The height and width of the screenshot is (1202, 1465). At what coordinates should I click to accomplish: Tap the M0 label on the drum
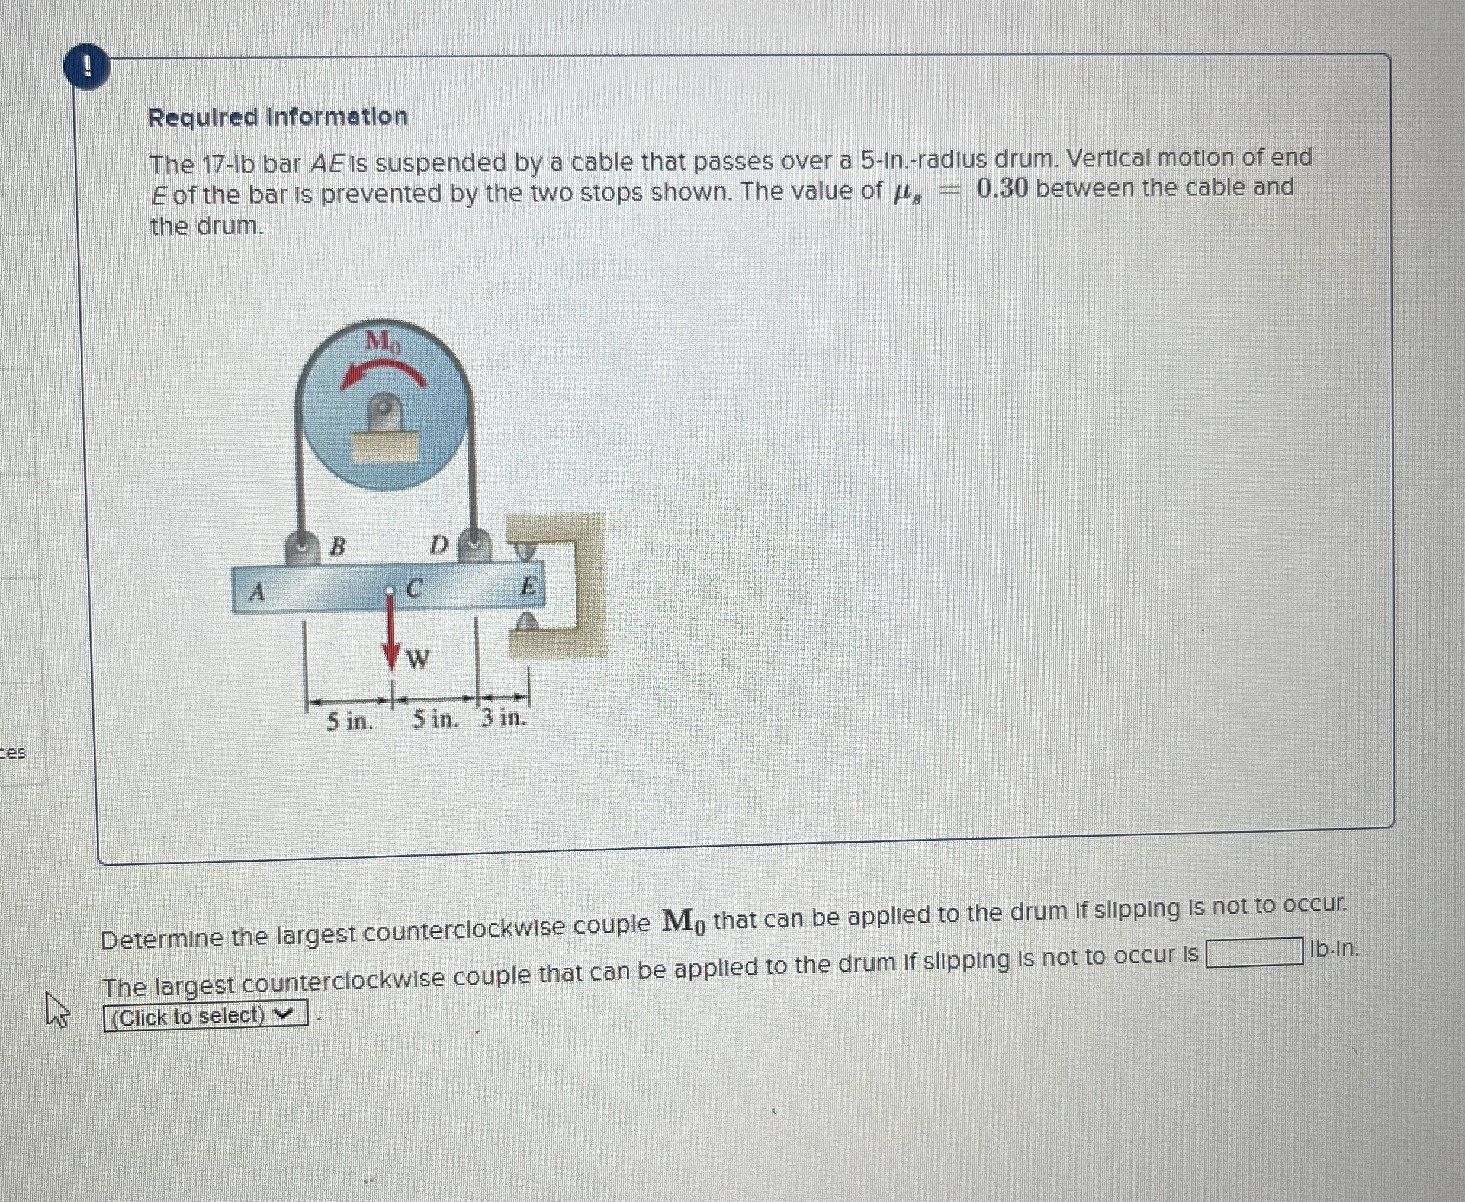383,341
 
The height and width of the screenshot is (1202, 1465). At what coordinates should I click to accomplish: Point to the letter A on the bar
258,592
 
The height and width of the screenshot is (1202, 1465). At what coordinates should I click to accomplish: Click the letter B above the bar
337,547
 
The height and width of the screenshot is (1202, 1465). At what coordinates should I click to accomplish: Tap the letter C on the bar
414,589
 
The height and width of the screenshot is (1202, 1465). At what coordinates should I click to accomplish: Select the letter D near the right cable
438,545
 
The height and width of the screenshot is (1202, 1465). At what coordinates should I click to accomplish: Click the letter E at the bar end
528,587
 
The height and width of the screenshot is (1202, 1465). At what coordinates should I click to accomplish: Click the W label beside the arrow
417,658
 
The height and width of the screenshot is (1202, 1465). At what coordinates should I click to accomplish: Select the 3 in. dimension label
503,719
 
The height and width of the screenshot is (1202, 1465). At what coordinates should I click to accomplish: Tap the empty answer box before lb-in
1251,952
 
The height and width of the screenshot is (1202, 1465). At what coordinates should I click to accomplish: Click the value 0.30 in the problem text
1002,188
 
